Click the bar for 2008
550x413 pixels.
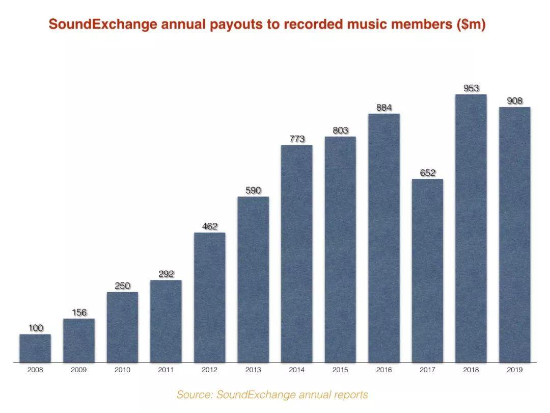click(35, 348)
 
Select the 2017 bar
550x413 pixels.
click(428, 270)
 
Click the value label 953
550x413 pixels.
click(471, 88)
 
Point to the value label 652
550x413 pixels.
click(428, 173)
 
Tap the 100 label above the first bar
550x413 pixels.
click(36, 328)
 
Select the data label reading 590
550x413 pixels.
click(253, 190)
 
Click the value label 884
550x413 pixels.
click(384, 108)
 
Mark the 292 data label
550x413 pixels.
click(166, 274)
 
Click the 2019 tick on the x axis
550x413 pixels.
click(514, 370)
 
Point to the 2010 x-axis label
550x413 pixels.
click(122, 370)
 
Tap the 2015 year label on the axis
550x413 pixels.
click(340, 370)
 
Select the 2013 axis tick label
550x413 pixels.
click(253, 370)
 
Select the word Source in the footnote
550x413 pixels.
click(194, 395)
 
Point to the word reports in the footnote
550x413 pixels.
click(349, 395)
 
